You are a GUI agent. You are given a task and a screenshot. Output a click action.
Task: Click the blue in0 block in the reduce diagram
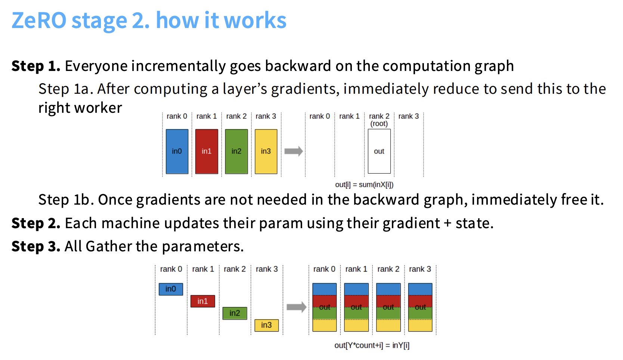(177, 152)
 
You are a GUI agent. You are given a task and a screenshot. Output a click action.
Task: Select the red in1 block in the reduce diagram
(207, 152)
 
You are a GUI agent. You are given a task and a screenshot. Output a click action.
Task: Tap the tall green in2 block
(236, 152)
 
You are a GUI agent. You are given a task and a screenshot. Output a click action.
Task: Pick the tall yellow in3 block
(266, 152)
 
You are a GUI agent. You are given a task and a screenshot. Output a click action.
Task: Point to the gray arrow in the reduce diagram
(294, 151)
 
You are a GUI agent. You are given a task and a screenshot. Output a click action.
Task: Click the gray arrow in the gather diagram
(297, 307)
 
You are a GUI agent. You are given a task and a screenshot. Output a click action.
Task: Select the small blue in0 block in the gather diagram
(171, 289)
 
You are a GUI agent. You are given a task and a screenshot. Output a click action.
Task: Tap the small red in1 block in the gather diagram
(203, 301)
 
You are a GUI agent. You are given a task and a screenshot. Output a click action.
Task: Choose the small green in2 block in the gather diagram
(235, 313)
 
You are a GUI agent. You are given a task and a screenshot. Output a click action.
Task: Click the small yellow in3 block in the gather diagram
(266, 325)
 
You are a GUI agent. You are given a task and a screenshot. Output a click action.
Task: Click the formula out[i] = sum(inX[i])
(364, 184)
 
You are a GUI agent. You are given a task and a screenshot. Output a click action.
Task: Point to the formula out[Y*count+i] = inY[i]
(372, 345)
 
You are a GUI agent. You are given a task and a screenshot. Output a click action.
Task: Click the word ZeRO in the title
(39, 20)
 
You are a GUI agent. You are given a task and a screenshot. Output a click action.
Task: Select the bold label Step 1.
(36, 66)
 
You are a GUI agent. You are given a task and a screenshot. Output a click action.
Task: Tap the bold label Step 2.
(36, 223)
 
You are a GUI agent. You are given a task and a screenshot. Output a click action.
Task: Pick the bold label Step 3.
(36, 246)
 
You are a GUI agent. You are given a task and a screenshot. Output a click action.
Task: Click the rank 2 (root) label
(379, 120)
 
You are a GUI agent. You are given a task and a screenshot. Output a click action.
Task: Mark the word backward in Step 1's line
(298, 66)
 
